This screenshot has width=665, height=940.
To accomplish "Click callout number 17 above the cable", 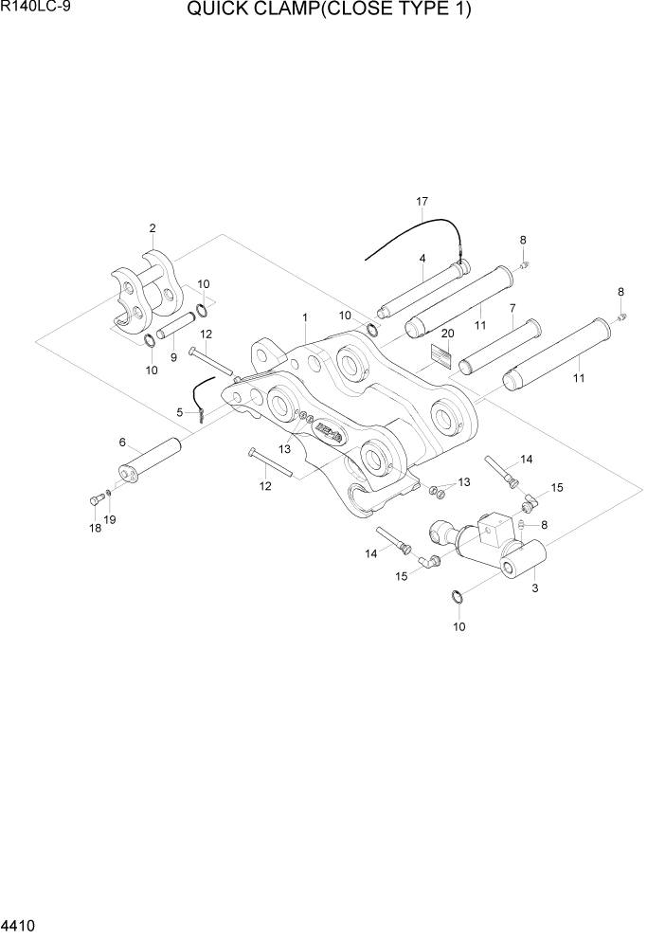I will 422,202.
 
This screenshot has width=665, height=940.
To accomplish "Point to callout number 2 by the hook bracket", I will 152,228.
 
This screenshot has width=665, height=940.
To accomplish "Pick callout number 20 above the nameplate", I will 447,334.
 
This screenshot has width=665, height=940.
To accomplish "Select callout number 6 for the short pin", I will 122,443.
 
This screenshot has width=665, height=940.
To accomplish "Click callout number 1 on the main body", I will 304,316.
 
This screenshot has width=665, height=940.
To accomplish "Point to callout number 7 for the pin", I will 512,308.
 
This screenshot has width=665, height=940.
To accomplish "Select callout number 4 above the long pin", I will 422,258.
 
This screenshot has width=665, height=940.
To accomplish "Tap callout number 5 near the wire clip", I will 179,412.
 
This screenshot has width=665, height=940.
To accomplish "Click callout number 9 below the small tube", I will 172,357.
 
